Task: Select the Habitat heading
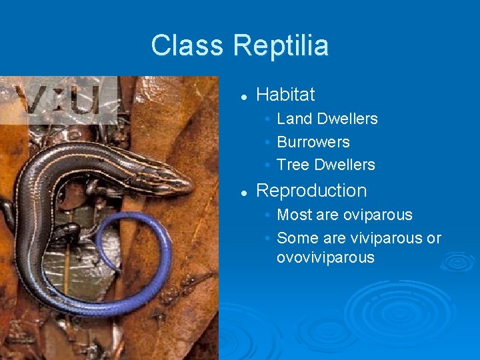tap(285, 95)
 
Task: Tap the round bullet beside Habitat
tap(245, 96)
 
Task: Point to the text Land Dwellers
tap(327, 119)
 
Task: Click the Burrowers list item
tap(313, 142)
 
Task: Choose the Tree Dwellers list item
tap(325, 165)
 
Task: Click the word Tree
tap(293, 165)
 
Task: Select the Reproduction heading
tap(311, 191)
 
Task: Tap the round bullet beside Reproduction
tap(245, 192)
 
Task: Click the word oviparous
tap(377, 215)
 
